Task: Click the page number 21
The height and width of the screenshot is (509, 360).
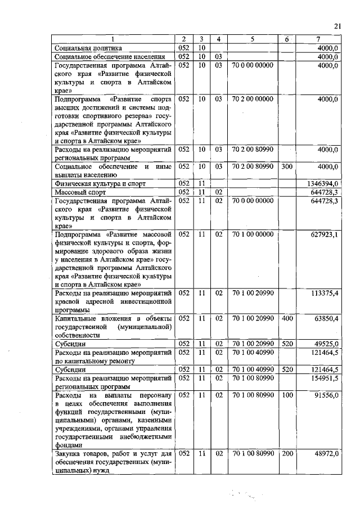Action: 337,26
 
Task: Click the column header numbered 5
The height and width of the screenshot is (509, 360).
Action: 252,39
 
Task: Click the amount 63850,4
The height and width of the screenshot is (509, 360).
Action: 324,319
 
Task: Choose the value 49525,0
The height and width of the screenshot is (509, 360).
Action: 324,343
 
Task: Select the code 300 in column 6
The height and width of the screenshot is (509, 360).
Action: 287,167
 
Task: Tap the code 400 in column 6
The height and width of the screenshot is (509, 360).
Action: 287,319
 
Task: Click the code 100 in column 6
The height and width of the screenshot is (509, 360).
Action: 287,397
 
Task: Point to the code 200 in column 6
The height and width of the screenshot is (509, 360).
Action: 287,453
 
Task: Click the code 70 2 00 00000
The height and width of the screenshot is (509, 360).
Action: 252,99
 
